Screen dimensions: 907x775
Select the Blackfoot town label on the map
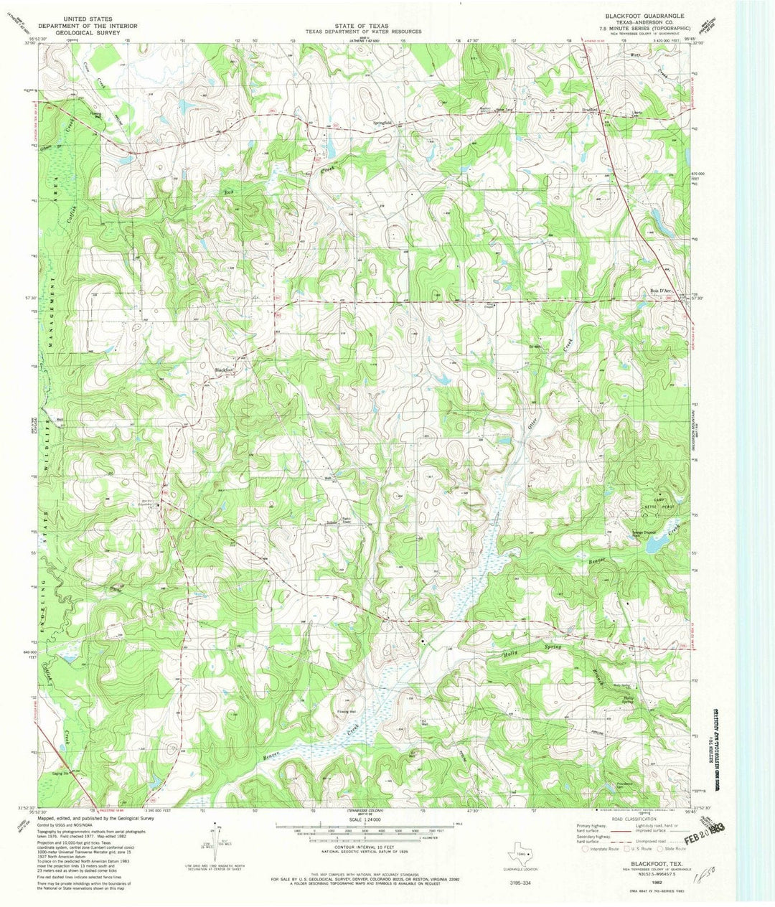coord(224,370)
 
